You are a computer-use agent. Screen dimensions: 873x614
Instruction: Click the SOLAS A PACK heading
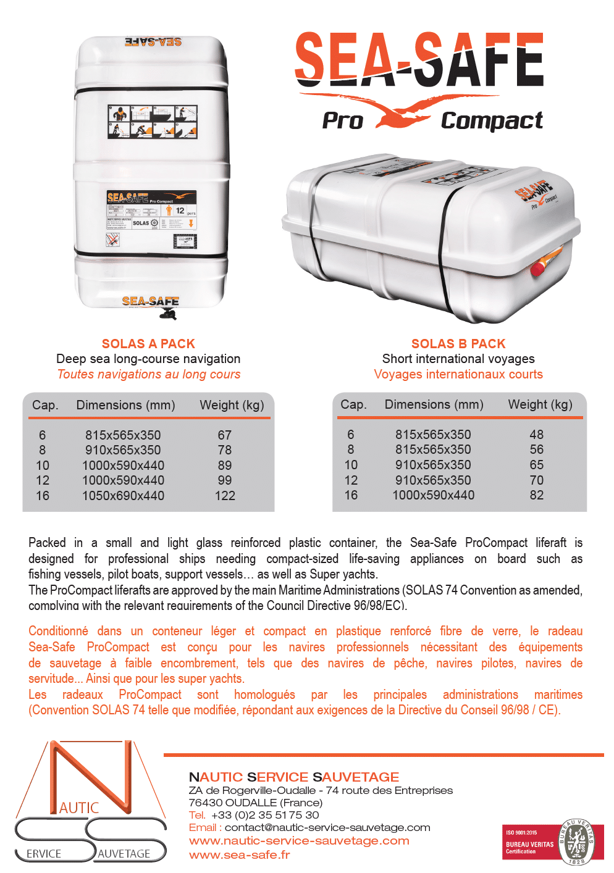point(148,344)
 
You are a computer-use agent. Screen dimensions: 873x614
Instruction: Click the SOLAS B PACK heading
point(458,344)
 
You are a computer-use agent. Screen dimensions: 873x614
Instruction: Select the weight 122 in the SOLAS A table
point(225,496)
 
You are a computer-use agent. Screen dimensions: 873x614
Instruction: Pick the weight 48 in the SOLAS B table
point(536,435)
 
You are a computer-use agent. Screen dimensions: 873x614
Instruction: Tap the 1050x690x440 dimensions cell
point(123,496)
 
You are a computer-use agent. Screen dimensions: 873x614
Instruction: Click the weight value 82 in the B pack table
point(536,495)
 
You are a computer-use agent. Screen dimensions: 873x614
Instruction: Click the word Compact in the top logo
point(492,121)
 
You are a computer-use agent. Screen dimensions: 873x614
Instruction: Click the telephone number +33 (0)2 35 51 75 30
point(265,815)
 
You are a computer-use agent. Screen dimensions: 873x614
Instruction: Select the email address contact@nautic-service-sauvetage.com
point(327,827)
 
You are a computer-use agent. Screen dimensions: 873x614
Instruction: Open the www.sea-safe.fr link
point(239,855)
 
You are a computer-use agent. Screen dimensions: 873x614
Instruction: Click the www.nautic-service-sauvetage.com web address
point(299,841)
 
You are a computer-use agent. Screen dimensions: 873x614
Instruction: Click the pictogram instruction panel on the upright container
point(153,122)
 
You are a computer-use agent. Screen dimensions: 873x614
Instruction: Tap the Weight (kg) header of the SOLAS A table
point(232,405)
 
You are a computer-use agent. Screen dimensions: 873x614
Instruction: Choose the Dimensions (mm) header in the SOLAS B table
point(434,404)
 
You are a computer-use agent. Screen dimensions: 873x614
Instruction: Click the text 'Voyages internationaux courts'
point(458,374)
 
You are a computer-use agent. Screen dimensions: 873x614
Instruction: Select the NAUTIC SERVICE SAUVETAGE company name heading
point(294,777)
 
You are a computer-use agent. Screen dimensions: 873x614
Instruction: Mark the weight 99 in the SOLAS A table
point(225,480)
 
